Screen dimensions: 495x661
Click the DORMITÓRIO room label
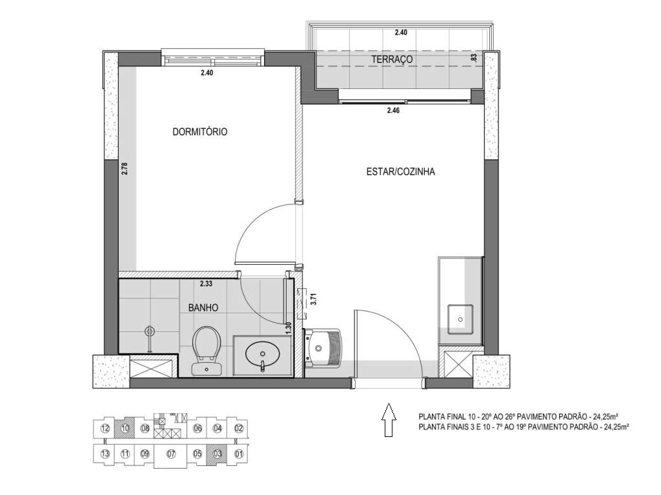pyautogui.click(x=199, y=132)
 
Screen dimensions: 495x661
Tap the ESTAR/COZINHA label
pyautogui.click(x=400, y=172)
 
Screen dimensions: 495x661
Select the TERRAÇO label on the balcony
pyautogui.click(x=392, y=59)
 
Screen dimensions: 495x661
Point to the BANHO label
pyautogui.click(x=203, y=308)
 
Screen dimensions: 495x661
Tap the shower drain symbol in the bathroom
pyautogui.click(x=150, y=332)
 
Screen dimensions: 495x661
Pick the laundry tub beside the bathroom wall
pyautogui.click(x=322, y=347)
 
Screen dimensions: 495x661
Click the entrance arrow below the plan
pyautogui.click(x=388, y=420)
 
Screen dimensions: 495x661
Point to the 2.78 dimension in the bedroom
pyautogui.click(x=125, y=169)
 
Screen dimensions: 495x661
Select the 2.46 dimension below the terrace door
pyautogui.click(x=394, y=111)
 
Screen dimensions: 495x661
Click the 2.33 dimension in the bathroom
pyautogui.click(x=206, y=283)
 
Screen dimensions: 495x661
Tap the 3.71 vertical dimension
pyautogui.click(x=312, y=298)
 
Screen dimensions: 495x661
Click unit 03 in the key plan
pyautogui.click(x=218, y=454)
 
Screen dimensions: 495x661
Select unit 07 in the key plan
pyautogui.click(x=171, y=454)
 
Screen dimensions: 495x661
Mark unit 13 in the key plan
pyautogui.click(x=105, y=454)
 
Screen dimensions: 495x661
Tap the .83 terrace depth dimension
pyautogui.click(x=474, y=57)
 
